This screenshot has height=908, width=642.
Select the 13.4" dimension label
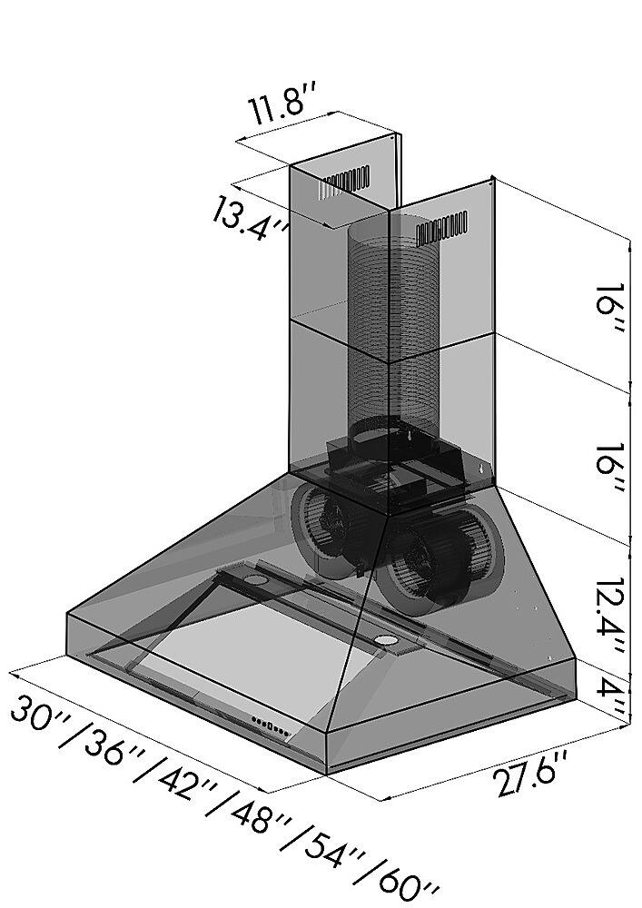pos(250,217)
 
